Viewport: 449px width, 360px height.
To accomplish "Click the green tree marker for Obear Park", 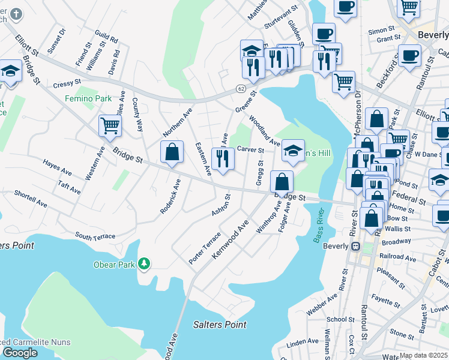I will (x=144, y=263).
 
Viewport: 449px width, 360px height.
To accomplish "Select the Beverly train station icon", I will (x=355, y=246).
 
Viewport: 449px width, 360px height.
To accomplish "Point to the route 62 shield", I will (x=241, y=88).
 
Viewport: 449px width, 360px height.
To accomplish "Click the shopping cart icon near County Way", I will (x=110, y=125).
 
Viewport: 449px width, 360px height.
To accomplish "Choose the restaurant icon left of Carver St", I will (x=223, y=159).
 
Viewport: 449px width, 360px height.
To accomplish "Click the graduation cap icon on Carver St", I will (x=293, y=150).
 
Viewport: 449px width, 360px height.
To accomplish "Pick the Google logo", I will (x=20, y=353).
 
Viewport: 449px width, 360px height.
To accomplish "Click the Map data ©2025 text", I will (x=423, y=355).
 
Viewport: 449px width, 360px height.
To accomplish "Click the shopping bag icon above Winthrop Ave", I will (x=282, y=181).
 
